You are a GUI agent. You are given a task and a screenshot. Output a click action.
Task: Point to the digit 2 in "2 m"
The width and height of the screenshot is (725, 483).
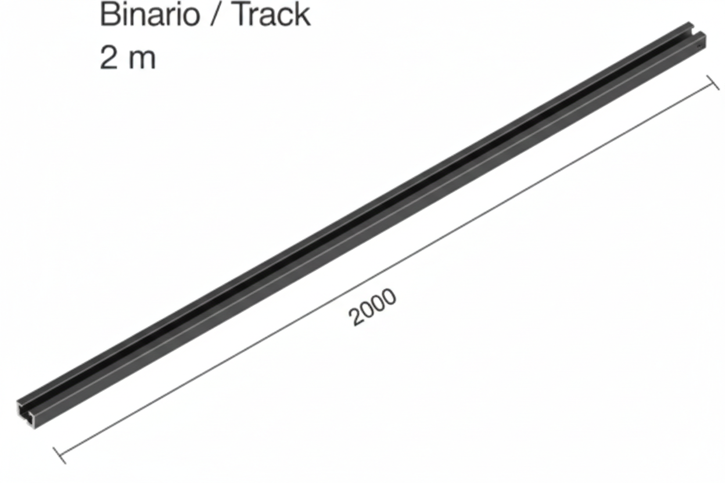point(109,57)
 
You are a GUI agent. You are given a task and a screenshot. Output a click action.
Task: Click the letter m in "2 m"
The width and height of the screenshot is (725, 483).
point(142,60)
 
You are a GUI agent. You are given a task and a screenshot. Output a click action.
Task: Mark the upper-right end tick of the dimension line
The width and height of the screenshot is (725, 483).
point(712,83)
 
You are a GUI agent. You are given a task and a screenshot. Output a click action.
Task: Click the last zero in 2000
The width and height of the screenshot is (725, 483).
point(389,297)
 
